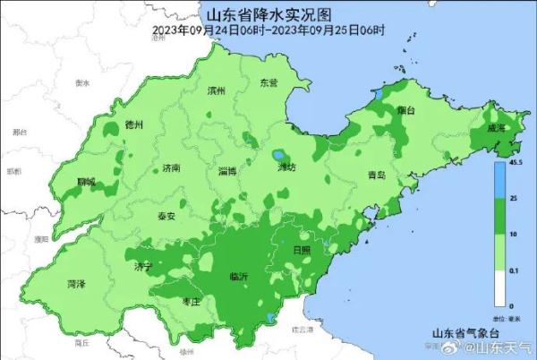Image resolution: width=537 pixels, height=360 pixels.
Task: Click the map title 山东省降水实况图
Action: coord(269,14)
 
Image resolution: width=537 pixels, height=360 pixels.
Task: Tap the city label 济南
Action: coord(172,167)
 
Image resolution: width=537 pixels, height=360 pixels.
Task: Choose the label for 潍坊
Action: coord(286,167)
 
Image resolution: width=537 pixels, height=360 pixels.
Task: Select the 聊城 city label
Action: coord(86,182)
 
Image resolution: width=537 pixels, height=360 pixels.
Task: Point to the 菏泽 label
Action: coord(77,284)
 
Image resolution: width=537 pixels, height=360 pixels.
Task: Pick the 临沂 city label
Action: coord(239,276)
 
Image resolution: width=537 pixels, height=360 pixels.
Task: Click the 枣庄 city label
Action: coord(191,302)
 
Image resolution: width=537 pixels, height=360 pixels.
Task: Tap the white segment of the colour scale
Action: coord(500,287)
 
